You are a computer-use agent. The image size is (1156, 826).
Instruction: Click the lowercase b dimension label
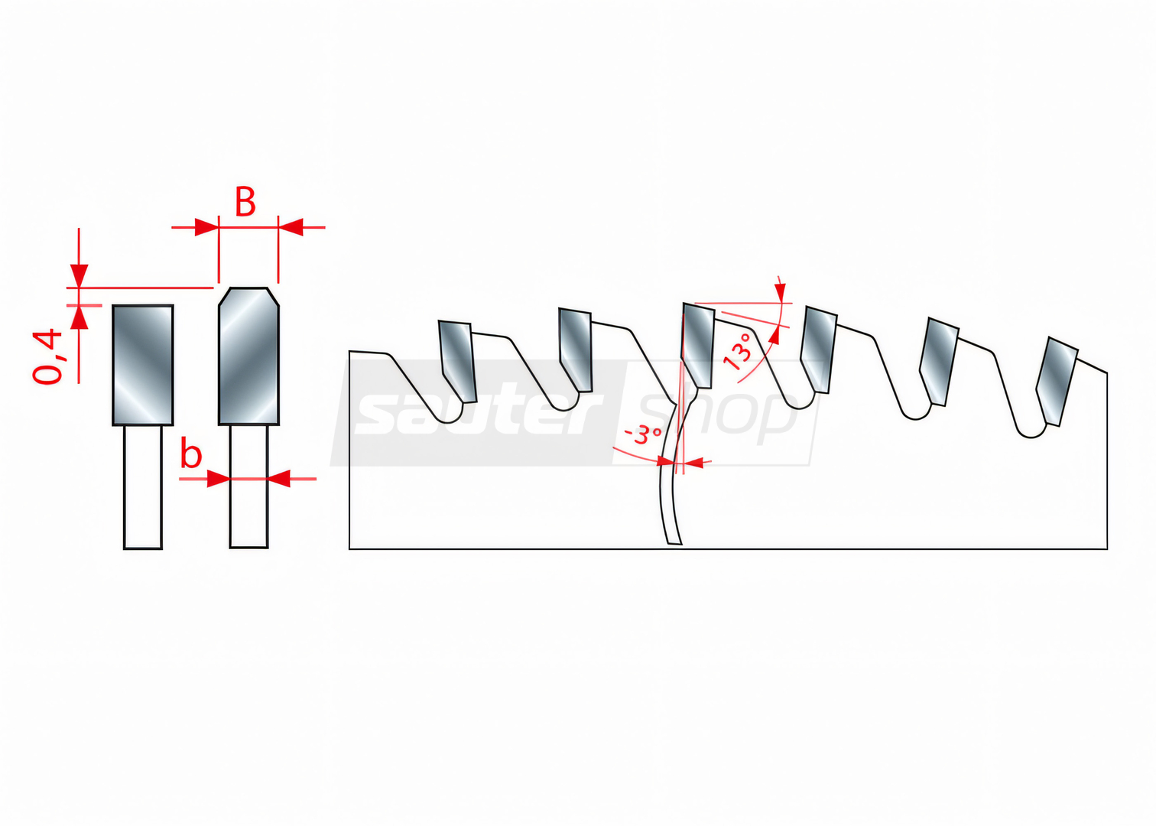tap(191, 454)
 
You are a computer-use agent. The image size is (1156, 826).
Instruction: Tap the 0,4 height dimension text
tap(47, 356)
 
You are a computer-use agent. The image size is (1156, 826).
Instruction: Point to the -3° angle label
tap(642, 435)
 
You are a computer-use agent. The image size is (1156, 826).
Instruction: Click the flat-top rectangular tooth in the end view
tap(143, 365)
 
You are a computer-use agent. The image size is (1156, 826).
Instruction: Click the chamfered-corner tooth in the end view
tap(248, 356)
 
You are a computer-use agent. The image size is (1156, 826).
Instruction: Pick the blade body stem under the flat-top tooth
tap(143, 487)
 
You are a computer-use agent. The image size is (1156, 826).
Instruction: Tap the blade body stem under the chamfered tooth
tap(248, 486)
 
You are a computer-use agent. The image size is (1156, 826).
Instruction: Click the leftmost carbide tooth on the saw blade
tap(457, 360)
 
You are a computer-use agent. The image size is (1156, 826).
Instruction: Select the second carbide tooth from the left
tap(576, 350)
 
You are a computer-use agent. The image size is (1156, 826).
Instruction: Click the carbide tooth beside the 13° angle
tap(698, 345)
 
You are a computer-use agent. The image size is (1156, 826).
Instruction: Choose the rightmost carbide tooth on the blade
tap(1057, 381)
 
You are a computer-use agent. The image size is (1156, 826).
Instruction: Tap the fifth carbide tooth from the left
tap(939, 361)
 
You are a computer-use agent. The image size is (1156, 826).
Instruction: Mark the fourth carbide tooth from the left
tap(819, 350)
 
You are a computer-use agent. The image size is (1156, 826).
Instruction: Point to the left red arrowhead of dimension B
tap(206, 227)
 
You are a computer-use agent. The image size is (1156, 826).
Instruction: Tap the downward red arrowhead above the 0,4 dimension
tap(79, 276)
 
